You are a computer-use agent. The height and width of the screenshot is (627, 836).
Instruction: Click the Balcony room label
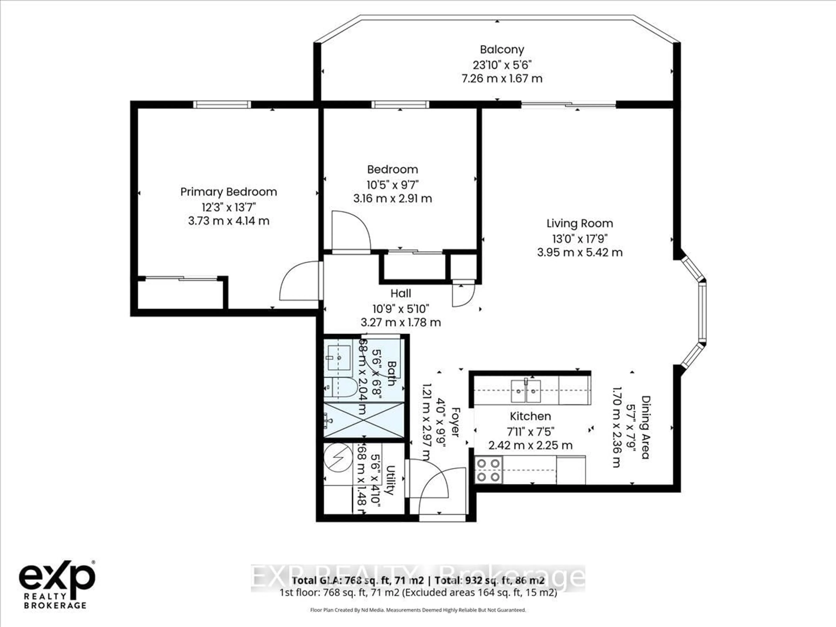502,49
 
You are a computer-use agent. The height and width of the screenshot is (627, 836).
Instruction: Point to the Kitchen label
530,416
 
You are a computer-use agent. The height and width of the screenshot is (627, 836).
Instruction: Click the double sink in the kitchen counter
526,391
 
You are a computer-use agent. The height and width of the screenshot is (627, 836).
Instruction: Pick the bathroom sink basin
339,357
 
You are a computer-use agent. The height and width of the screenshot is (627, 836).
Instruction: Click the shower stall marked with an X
364,420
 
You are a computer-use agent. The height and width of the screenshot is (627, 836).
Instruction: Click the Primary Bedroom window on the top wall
222,105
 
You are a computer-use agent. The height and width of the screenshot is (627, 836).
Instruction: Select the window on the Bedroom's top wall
400,105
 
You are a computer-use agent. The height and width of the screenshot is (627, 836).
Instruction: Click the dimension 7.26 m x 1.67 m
502,79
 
